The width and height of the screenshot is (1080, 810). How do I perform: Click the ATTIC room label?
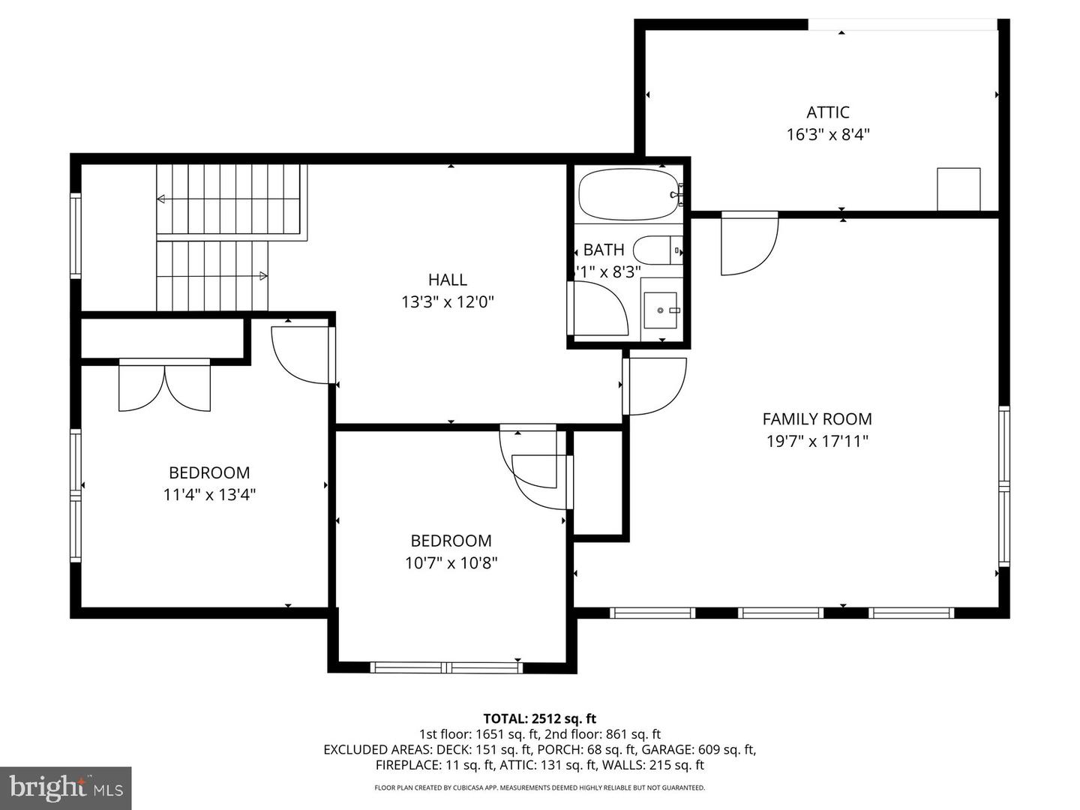click(x=827, y=112)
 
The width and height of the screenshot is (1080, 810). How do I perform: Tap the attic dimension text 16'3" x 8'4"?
click(x=827, y=135)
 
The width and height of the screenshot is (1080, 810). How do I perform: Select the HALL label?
click(x=448, y=280)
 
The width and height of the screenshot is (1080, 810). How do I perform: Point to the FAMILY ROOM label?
click(x=817, y=419)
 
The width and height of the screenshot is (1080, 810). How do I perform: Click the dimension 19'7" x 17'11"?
click(x=817, y=441)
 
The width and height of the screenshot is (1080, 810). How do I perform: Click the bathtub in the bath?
click(x=628, y=194)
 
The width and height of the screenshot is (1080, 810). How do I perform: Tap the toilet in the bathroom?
click(x=657, y=250)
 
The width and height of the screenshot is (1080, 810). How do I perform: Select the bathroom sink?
click(x=661, y=310)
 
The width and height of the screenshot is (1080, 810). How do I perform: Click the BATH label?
click(x=603, y=250)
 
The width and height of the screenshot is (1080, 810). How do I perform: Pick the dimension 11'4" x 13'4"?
click(x=209, y=495)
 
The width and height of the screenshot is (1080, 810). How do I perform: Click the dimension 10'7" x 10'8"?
click(x=451, y=562)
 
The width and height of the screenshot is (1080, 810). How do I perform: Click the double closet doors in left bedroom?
click(x=165, y=386)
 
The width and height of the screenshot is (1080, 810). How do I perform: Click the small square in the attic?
click(x=958, y=189)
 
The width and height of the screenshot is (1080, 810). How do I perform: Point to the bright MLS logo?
click(x=66, y=787)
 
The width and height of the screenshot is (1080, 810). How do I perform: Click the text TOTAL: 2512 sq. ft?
click(x=539, y=718)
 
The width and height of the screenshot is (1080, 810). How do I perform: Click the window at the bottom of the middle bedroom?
click(x=447, y=667)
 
